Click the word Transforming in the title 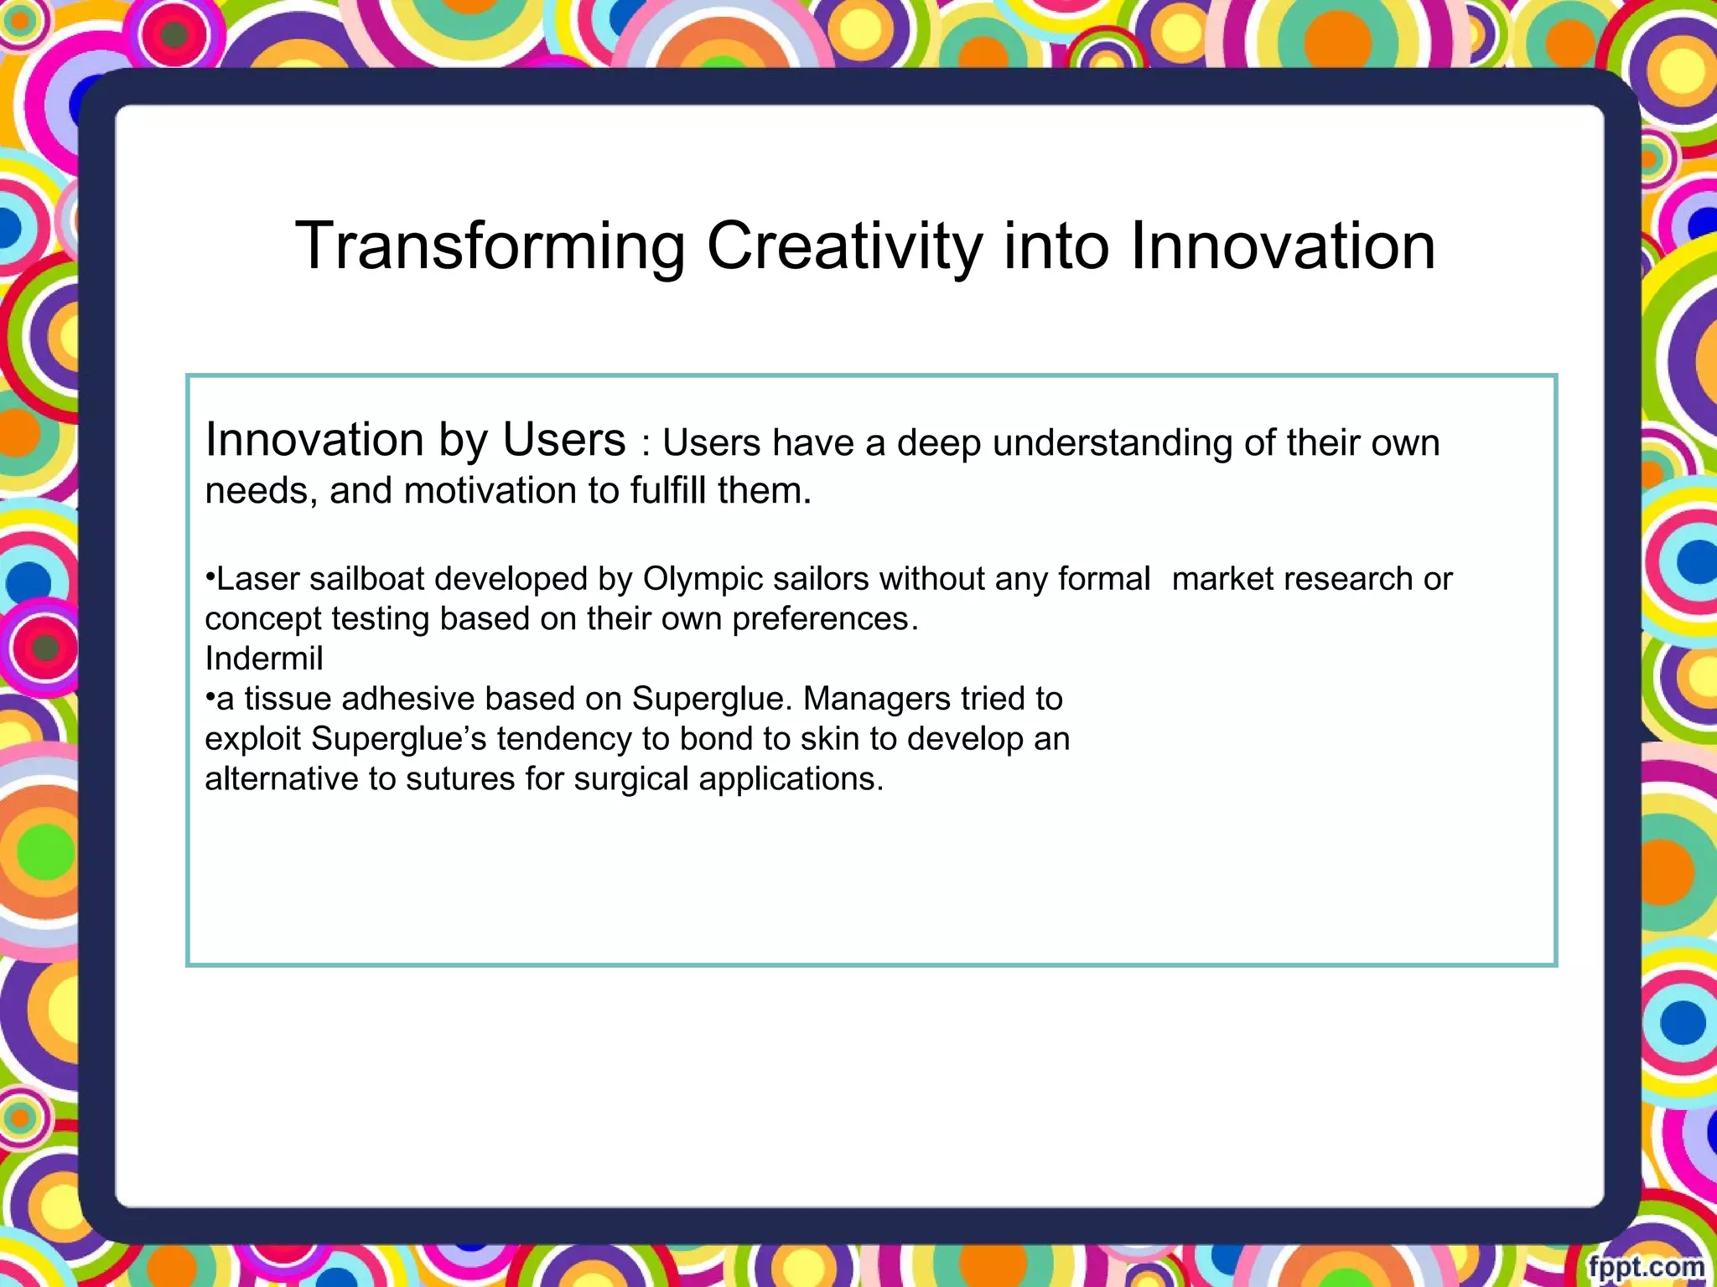pyautogui.click(x=490, y=246)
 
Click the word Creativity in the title pyautogui.click(x=844, y=246)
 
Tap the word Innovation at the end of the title pyautogui.click(x=1282, y=246)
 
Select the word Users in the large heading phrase pyautogui.click(x=563, y=440)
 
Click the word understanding pyautogui.click(x=1112, y=443)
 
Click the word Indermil pyautogui.click(x=263, y=659)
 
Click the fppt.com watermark pyautogui.click(x=1646, y=1266)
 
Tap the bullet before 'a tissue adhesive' pyautogui.click(x=210, y=697)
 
